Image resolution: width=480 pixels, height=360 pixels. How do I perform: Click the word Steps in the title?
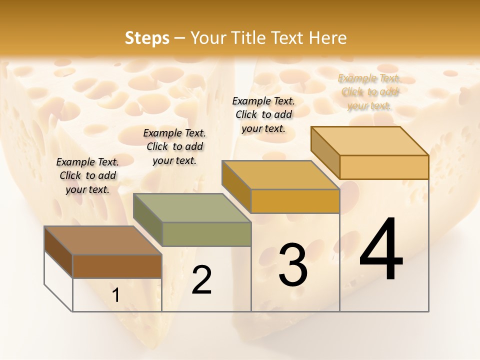[146, 38]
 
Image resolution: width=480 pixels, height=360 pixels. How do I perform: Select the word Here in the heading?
[328, 38]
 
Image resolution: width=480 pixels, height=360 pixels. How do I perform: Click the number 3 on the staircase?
[292, 264]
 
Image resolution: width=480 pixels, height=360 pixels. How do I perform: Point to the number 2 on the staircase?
[201, 280]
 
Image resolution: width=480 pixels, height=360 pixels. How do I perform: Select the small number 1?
[115, 295]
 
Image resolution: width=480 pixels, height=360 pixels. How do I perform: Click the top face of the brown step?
[103, 240]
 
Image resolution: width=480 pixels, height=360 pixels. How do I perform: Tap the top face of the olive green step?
[192, 208]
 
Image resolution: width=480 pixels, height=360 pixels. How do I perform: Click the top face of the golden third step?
[280, 175]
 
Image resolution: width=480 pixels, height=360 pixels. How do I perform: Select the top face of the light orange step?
[369, 141]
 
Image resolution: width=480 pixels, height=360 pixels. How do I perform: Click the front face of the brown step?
[117, 266]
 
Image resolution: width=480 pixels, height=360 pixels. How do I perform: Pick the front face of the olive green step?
[206, 234]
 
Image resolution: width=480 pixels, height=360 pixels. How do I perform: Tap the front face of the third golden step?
[295, 201]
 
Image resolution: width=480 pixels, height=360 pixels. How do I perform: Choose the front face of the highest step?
[384, 167]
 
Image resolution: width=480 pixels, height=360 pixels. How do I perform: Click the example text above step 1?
[87, 175]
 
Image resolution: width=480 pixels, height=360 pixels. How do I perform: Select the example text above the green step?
[174, 146]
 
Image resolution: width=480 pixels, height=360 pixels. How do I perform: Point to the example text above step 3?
[263, 114]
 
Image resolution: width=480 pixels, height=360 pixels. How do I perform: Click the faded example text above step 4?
[369, 92]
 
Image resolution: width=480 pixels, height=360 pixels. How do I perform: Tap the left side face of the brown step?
[58, 252]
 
